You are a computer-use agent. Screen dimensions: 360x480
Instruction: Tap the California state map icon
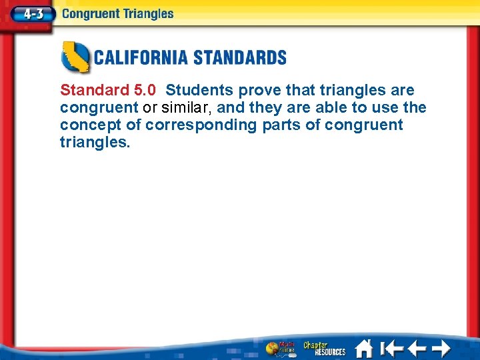point(75,57)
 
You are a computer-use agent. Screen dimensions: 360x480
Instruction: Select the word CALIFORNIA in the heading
point(140,57)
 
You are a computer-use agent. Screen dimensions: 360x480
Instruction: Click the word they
point(266,107)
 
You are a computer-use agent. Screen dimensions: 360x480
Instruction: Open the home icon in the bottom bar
point(364,347)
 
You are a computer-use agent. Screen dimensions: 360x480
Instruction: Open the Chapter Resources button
point(324,348)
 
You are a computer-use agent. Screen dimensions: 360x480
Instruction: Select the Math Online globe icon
point(279,348)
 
